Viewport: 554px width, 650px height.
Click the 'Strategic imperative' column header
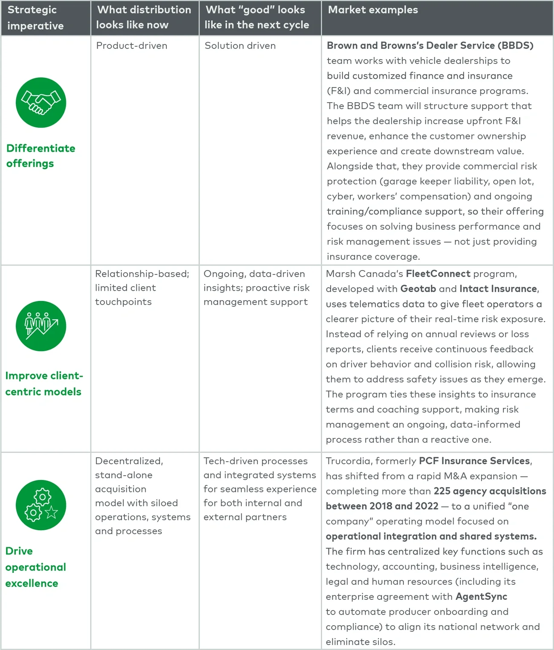pyautogui.click(x=35, y=17)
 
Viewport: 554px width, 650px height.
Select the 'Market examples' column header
pyautogui.click(x=373, y=10)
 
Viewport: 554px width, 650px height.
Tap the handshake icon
pyautogui.click(x=41, y=103)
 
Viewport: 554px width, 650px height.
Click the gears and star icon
pyautogui.click(x=41, y=505)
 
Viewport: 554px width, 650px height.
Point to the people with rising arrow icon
pyautogui.click(x=41, y=326)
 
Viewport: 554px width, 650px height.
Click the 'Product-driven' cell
pyautogui.click(x=132, y=46)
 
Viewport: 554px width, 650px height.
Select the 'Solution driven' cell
pyautogui.click(x=240, y=46)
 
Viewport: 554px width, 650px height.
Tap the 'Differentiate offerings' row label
pyautogui.click(x=40, y=156)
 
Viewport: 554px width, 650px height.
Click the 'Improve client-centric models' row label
pyautogui.click(x=43, y=384)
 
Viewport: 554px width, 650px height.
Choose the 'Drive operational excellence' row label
pyautogui.click(x=36, y=567)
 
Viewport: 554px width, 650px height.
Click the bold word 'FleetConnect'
pyautogui.click(x=438, y=274)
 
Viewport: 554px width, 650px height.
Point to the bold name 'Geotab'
pyautogui.click(x=418, y=289)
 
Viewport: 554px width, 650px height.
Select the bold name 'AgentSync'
pyautogui.click(x=481, y=596)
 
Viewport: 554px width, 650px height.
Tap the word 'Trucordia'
pyautogui.click(x=348, y=461)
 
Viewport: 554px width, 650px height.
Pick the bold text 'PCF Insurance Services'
pyautogui.click(x=475, y=461)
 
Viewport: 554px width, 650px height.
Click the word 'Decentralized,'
pyautogui.click(x=129, y=461)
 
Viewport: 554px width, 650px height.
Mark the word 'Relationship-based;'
pyautogui.click(x=142, y=274)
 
